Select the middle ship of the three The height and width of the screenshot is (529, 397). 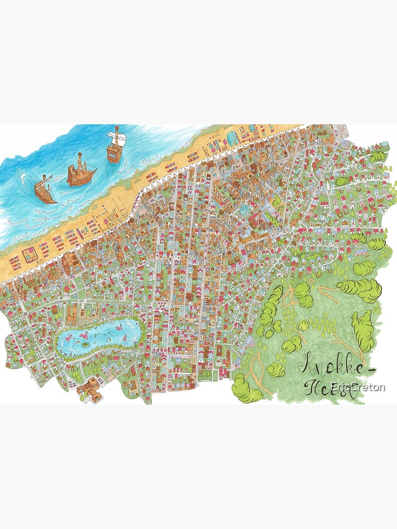(x=81, y=172)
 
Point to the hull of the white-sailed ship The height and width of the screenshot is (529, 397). (x=114, y=152)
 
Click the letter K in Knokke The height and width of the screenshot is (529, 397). (x=306, y=364)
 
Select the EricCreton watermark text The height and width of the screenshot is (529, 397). (x=357, y=387)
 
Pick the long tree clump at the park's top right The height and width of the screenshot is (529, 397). (x=360, y=288)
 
